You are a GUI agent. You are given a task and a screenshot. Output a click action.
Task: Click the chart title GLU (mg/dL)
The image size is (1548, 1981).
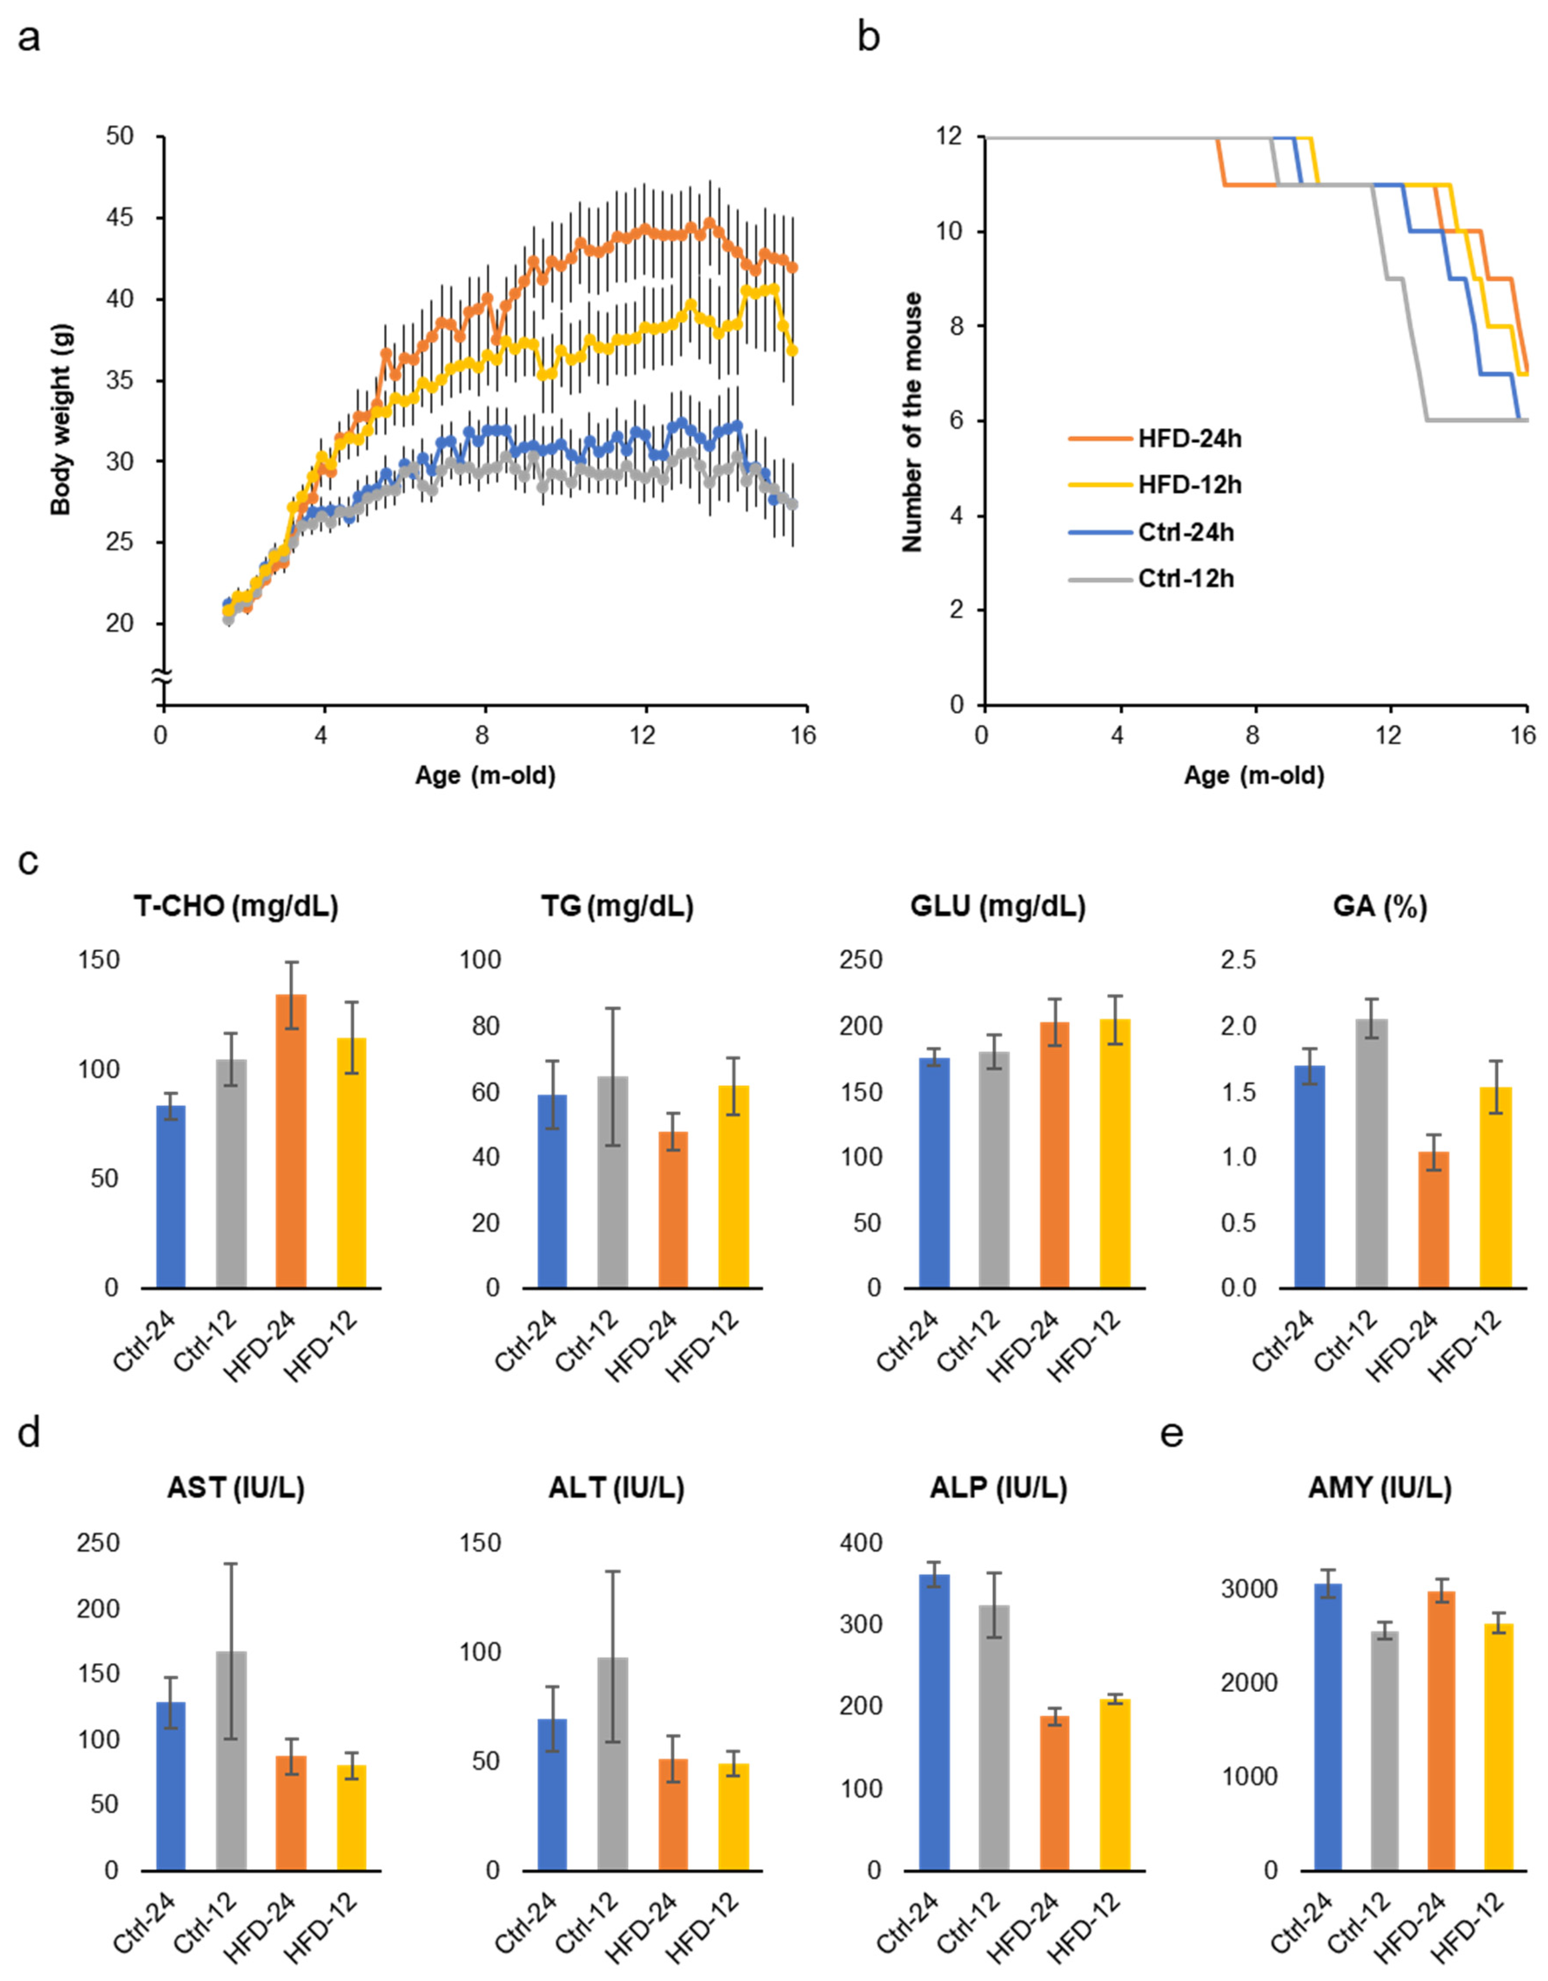[998, 906]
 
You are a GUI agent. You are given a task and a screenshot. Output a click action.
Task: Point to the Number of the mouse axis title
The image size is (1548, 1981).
[911, 422]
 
